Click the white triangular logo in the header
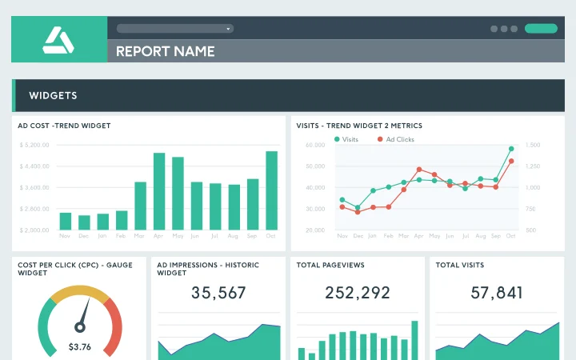(58, 39)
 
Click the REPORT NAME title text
(165, 51)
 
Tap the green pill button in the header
(541, 28)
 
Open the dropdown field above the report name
(174, 28)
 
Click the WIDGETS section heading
(53, 95)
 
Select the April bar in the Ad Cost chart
(159, 191)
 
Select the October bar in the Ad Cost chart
(272, 190)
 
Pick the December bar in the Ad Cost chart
(84, 222)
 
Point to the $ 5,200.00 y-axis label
(34, 145)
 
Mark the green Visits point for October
(511, 149)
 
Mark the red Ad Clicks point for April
(419, 170)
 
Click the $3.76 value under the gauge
(79, 346)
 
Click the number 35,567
(218, 293)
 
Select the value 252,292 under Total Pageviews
(358, 293)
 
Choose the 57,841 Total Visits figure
(497, 293)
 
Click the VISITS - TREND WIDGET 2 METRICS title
(359, 126)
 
